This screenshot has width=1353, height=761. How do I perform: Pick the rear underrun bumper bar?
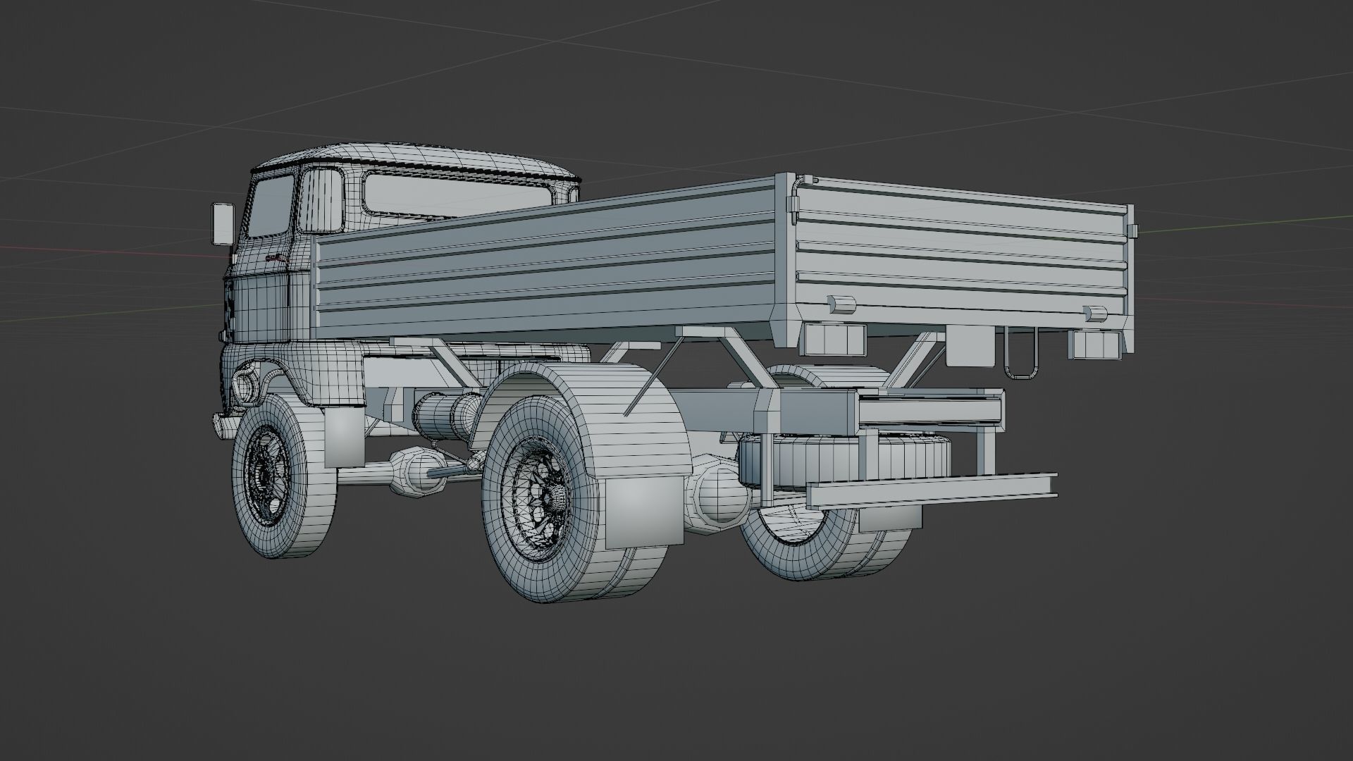point(930,490)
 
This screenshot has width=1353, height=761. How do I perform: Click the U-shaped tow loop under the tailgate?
point(1020,357)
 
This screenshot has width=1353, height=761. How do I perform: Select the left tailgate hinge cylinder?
point(841,304)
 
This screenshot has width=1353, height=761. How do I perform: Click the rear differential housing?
point(719,497)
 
